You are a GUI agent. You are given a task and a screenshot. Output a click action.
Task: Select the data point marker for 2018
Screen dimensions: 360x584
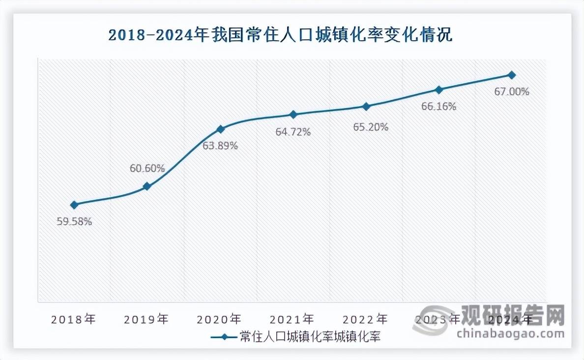tap(74, 205)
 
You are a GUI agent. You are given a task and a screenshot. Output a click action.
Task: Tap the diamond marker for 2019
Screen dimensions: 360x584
tap(147, 186)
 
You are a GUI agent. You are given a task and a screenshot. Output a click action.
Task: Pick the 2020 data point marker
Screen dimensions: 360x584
tap(220, 129)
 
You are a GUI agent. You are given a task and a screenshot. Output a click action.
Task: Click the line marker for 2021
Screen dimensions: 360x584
tap(293, 115)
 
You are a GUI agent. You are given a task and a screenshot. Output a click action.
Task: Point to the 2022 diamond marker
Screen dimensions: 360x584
tap(366, 106)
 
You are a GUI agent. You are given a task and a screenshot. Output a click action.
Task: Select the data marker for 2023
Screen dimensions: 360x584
tap(439, 90)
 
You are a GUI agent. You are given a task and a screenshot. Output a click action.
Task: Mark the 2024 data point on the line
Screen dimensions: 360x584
tap(512, 75)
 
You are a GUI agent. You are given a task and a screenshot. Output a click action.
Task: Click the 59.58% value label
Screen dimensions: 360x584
tap(74, 221)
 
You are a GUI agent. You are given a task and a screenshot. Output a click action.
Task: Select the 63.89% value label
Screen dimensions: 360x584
tap(220, 146)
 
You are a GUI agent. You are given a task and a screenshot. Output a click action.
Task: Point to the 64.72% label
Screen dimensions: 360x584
tap(293, 132)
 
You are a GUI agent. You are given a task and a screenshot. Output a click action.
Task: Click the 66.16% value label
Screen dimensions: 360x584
tap(439, 106)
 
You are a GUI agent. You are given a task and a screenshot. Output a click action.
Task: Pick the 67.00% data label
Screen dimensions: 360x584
tap(512, 91)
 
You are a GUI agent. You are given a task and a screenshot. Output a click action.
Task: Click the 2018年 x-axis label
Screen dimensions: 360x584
tap(74, 319)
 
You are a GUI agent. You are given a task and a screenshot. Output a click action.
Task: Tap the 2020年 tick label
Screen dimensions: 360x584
tap(219, 319)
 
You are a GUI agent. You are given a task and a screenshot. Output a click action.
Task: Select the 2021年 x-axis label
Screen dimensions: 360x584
tap(292, 319)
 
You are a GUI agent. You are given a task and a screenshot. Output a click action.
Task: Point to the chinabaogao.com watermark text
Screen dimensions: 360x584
tap(510, 334)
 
